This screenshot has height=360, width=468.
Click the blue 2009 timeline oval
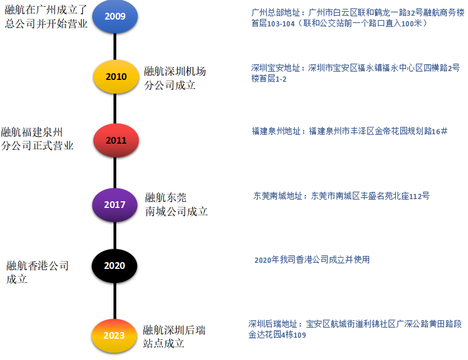(x=115, y=16)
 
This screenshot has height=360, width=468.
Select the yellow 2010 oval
(x=116, y=77)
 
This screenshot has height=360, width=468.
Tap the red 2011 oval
(x=116, y=140)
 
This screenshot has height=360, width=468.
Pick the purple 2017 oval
(x=115, y=205)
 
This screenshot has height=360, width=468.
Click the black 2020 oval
(x=114, y=266)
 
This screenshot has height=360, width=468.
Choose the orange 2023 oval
(x=114, y=335)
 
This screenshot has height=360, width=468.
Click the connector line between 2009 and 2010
(x=115, y=46)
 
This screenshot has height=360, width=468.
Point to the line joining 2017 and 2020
(x=115, y=235)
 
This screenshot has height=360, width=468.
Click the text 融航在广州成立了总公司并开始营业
(x=46, y=17)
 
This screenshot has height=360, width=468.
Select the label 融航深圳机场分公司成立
(x=175, y=78)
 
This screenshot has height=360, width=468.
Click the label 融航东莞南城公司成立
(x=176, y=204)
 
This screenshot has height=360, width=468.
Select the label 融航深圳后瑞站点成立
(x=174, y=337)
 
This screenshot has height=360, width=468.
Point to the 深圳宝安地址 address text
(x=355, y=73)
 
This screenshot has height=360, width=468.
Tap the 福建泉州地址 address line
(x=349, y=131)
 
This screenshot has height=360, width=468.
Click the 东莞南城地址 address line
(x=342, y=196)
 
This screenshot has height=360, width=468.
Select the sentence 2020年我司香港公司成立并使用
(x=311, y=260)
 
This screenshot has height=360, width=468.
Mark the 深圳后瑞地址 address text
(x=355, y=329)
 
